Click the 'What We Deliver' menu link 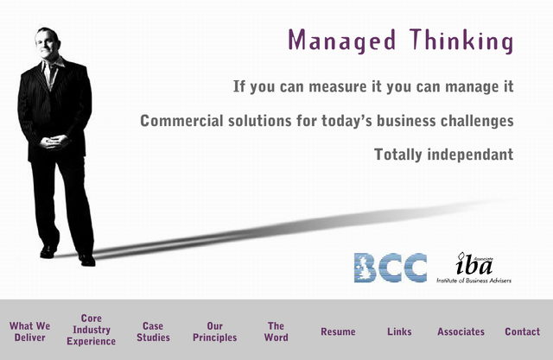[x=30, y=332]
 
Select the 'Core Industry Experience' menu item [x=92, y=330]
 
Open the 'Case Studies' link [x=153, y=332]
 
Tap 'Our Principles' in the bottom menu [x=215, y=332]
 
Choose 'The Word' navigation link [x=276, y=332]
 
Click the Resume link [x=338, y=332]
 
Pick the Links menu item [x=399, y=332]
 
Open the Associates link [x=461, y=332]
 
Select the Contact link [x=522, y=332]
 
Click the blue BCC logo [x=391, y=268]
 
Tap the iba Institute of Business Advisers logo [x=474, y=268]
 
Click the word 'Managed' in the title [x=342, y=41]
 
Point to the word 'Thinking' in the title [x=461, y=41]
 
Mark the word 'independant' [x=470, y=155]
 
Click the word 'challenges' [x=477, y=121]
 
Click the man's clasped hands [x=54, y=142]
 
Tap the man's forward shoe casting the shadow [x=87, y=260]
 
